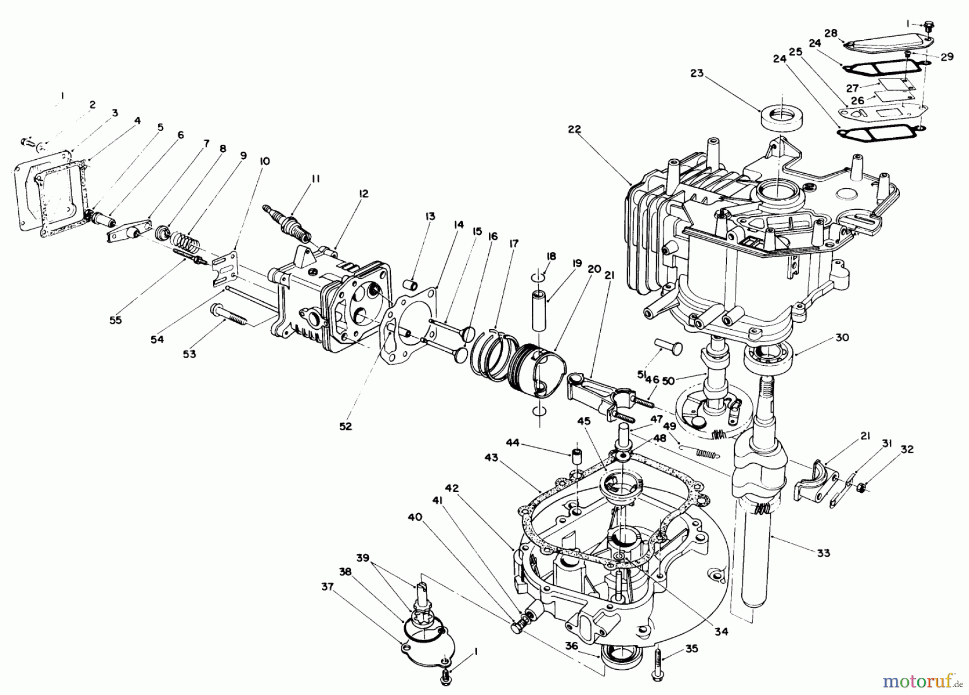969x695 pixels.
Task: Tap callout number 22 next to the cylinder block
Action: point(574,129)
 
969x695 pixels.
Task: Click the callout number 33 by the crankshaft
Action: point(823,552)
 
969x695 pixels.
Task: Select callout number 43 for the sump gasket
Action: point(491,457)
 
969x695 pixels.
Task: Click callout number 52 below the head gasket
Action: point(345,426)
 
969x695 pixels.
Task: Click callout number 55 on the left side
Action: point(115,320)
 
